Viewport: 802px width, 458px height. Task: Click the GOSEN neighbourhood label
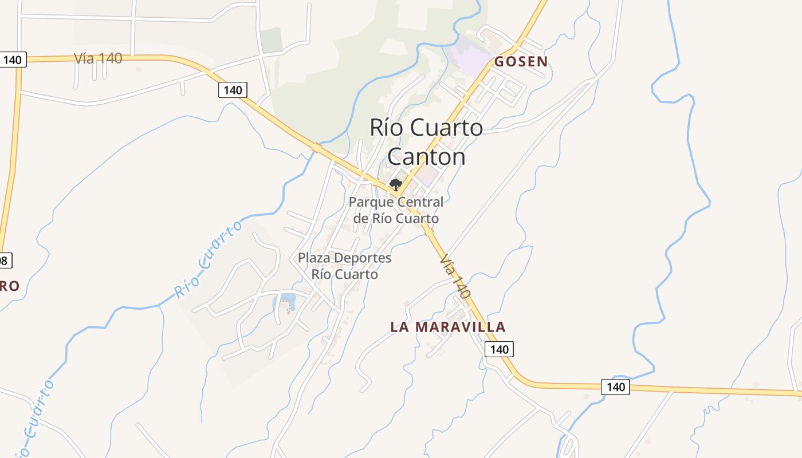[x=521, y=61]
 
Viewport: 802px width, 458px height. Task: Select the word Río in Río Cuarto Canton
[x=384, y=127]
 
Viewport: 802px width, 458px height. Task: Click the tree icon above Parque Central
[x=395, y=184]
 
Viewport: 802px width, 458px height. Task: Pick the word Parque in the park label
[x=371, y=202]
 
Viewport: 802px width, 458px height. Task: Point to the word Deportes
[x=363, y=258]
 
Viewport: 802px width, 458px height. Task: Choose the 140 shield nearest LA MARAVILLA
[x=499, y=349]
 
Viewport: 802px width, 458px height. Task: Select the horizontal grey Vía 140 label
[x=98, y=58]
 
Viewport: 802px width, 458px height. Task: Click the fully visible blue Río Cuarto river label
[x=208, y=259]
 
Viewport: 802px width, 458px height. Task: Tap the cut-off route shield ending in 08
[x=5, y=260]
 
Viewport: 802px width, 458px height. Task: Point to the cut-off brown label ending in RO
[x=9, y=286]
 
